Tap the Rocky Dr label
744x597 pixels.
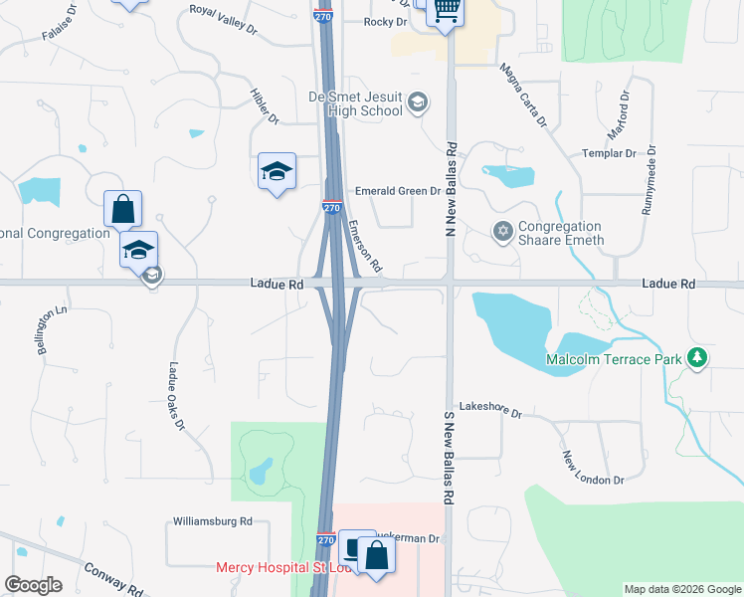coord(386,21)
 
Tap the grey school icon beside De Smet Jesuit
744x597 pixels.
coord(418,101)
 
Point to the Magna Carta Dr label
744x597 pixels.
coord(524,95)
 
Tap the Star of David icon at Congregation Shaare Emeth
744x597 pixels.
coord(502,232)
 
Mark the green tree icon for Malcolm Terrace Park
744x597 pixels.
coord(698,357)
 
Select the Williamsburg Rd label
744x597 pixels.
coord(213,520)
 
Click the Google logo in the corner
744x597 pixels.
coord(34,585)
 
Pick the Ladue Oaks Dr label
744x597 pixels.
coord(177,395)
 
